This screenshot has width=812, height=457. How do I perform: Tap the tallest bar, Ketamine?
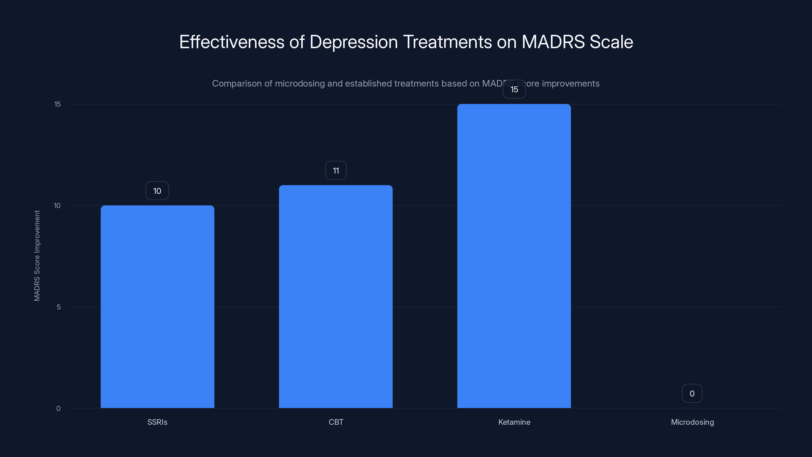[514, 256]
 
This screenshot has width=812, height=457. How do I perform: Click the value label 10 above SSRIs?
[157, 191]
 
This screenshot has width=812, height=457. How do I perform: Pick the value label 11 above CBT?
[336, 171]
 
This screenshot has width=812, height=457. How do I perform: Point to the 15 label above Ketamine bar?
[514, 90]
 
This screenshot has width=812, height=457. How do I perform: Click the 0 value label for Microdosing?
[692, 393]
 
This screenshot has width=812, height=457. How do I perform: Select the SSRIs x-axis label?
[157, 422]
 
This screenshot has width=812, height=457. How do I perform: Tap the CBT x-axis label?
[336, 422]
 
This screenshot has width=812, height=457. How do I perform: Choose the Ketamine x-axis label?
[514, 422]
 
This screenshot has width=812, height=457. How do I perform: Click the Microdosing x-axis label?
[692, 422]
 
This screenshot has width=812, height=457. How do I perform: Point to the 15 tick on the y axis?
[57, 104]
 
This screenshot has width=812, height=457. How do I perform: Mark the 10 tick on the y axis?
[57, 206]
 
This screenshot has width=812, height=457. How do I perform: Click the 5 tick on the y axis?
[59, 307]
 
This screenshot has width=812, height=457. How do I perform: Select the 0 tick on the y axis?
[58, 409]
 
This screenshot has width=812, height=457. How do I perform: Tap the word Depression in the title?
[353, 42]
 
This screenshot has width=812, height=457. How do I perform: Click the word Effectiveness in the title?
[232, 42]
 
